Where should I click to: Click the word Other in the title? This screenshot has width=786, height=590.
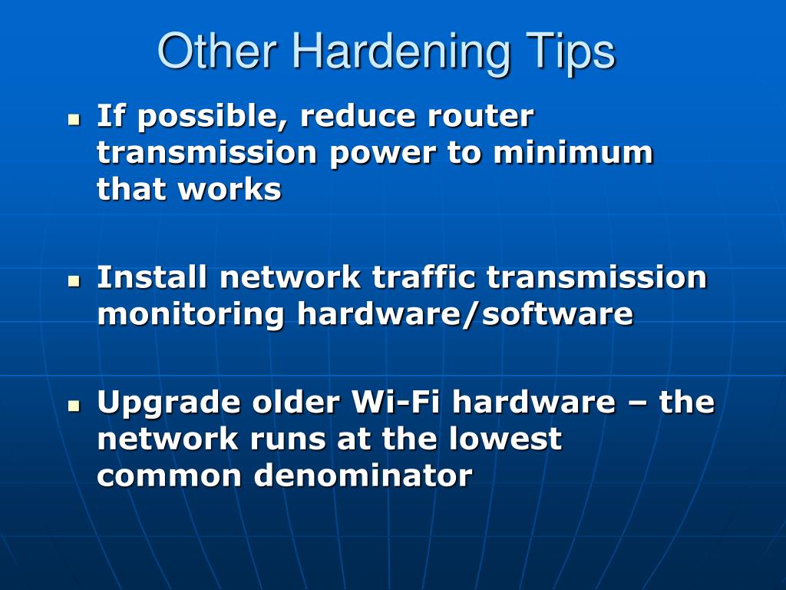tap(217, 51)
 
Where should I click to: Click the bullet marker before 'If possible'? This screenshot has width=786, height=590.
tap(74, 120)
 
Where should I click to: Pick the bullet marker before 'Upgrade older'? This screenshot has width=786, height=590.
tap(74, 406)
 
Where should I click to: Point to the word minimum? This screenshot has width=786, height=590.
tap(573, 153)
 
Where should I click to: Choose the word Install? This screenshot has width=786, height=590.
tap(152, 277)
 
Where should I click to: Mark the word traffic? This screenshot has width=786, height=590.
tap(424, 277)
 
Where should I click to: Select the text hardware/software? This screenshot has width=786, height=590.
tap(465, 314)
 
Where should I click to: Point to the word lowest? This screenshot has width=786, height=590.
tap(505, 439)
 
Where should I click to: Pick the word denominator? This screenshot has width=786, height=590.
tap(363, 475)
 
